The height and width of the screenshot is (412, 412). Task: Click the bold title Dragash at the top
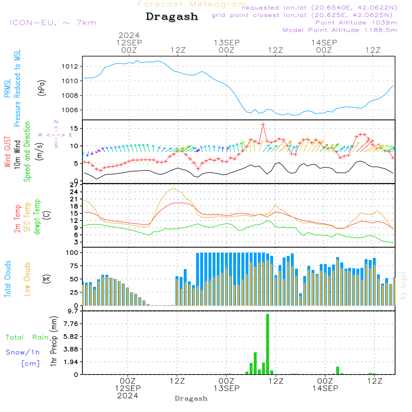(172, 17)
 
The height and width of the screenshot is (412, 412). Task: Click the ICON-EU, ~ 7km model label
(53, 23)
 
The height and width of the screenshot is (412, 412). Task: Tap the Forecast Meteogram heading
(192, 4)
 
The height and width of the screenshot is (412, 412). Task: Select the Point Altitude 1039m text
(356, 23)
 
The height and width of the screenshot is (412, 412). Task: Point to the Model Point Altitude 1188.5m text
(339, 30)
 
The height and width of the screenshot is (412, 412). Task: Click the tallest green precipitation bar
(267, 344)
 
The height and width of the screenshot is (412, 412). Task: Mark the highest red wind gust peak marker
(263, 124)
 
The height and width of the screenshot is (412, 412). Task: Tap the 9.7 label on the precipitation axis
(72, 311)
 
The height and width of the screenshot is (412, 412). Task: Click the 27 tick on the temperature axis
(74, 185)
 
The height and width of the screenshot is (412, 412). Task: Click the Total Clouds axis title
(8, 279)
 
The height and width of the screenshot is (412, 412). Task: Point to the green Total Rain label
(27, 337)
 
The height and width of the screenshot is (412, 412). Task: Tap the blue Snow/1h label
(23, 352)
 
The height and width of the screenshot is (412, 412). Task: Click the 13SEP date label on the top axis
(226, 42)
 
